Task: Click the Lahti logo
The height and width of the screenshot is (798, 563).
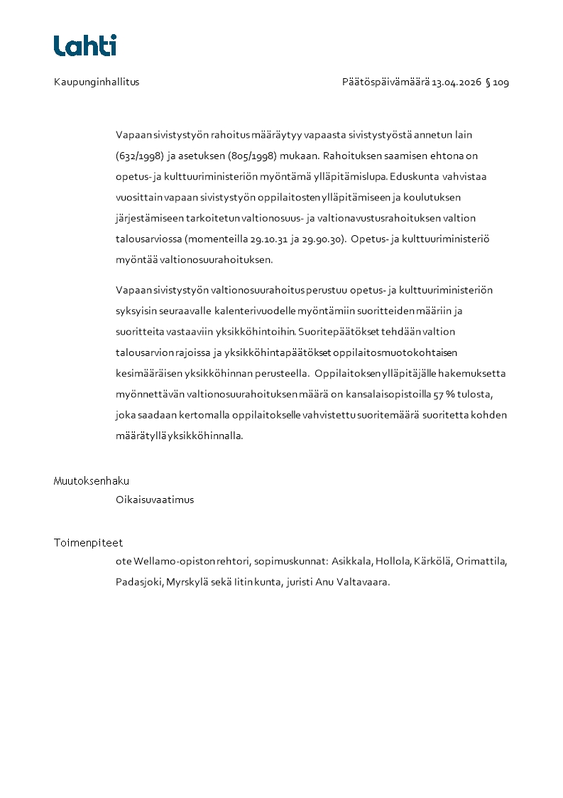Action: (85, 45)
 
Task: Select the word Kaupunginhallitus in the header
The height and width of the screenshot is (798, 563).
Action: (97, 82)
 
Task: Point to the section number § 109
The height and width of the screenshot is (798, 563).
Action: (497, 82)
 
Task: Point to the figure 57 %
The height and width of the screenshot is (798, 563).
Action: (444, 394)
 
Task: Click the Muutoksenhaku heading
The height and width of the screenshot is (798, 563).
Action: (92, 481)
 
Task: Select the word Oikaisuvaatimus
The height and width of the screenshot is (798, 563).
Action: (155, 500)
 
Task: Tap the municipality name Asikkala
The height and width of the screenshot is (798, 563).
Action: (352, 561)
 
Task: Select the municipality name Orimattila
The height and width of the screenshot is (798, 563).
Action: (481, 561)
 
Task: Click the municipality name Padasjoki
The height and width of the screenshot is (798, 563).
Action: (139, 582)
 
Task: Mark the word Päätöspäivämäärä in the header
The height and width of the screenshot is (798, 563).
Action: (386, 82)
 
